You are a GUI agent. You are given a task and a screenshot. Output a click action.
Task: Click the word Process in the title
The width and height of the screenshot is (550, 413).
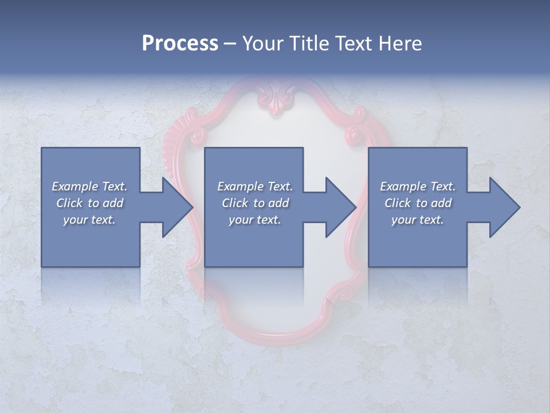coord(180,44)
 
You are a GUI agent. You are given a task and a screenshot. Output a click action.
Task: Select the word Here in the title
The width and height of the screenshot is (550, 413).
coord(400,44)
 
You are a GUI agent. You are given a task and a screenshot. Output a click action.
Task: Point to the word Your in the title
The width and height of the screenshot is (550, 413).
coord(263,44)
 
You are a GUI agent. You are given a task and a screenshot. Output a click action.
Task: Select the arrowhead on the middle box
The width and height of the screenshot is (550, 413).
coord(340,208)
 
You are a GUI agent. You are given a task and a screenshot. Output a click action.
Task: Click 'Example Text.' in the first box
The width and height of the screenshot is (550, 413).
coord(89,186)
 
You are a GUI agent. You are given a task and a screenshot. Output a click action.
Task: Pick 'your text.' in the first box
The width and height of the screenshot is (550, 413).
coord(89,220)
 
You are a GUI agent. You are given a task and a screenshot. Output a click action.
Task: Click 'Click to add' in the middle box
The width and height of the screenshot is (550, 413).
coord(255,203)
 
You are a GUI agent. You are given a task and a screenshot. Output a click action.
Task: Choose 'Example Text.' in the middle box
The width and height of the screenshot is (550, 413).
coord(255,186)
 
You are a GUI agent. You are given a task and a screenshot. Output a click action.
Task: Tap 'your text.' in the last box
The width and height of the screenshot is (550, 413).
coord(418,220)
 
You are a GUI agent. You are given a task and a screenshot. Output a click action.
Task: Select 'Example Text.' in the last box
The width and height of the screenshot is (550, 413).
coord(418,186)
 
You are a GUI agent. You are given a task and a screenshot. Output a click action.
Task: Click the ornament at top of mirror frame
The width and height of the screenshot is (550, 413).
coord(277,99)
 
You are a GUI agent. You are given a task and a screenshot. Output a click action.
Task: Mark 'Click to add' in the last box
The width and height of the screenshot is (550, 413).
coord(418,203)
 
